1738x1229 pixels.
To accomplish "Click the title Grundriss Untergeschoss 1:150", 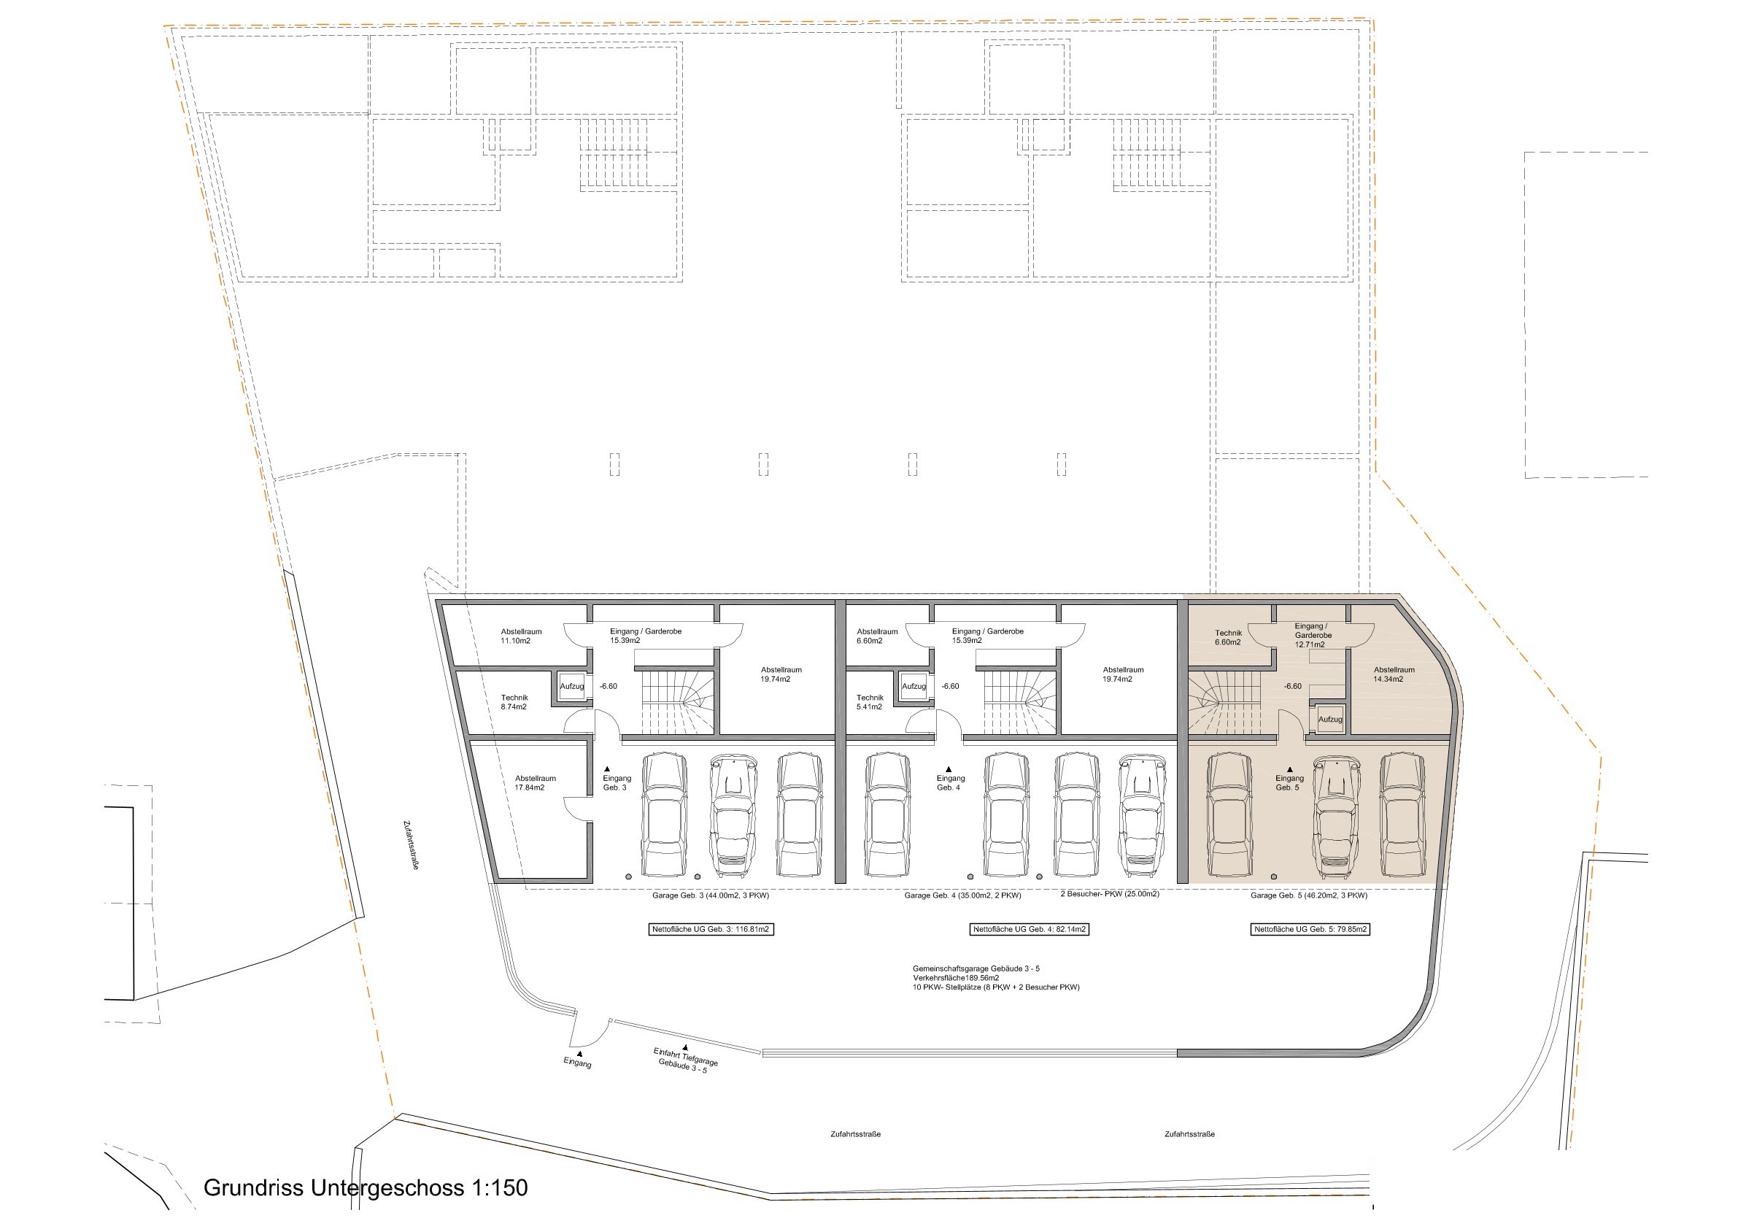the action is point(366,1187).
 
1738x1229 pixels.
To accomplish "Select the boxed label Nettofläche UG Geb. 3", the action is point(711,929).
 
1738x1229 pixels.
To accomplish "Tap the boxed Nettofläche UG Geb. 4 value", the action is point(1030,929).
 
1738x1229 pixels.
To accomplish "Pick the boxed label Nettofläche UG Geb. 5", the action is point(1310,929).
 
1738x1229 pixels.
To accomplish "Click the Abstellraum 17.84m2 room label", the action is point(535,783).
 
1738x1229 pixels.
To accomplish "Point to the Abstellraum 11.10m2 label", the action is point(521,636).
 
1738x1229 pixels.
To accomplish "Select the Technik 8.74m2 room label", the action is point(514,702).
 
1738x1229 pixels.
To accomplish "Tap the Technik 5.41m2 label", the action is point(870,702).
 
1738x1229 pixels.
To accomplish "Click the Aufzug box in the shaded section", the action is point(1330,720).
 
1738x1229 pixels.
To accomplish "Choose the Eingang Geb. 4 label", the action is point(950,782).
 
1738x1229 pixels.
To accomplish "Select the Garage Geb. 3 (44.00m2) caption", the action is point(710,895).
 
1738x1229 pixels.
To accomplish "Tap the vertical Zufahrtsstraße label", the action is point(411,845).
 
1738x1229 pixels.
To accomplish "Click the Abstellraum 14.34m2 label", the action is point(1394,674).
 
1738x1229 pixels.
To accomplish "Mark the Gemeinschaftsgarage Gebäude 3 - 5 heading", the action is point(976,968).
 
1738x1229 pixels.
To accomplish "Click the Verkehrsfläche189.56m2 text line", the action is point(955,978).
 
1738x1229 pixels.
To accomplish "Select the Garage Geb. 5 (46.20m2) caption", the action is point(1309,895).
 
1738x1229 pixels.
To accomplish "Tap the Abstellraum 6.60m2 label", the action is point(876,636).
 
